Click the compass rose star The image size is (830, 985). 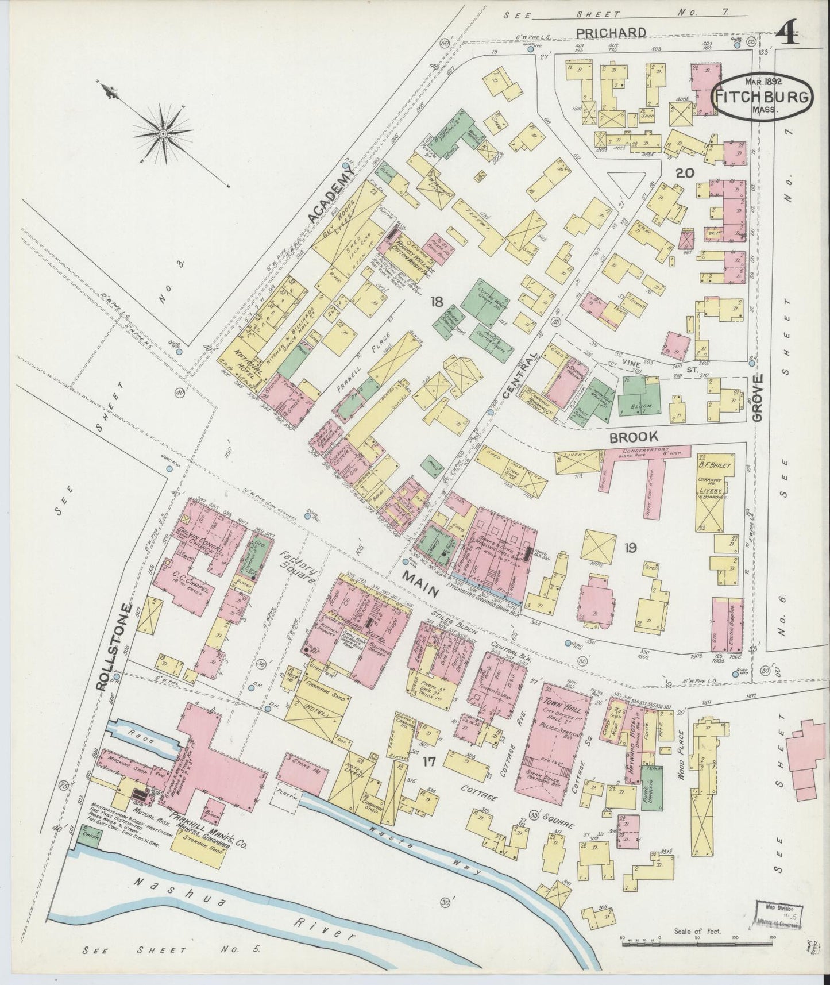click(x=163, y=133)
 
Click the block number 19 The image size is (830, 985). click(x=630, y=548)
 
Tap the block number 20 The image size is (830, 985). click(x=685, y=173)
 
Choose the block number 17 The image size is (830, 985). click(x=428, y=763)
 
